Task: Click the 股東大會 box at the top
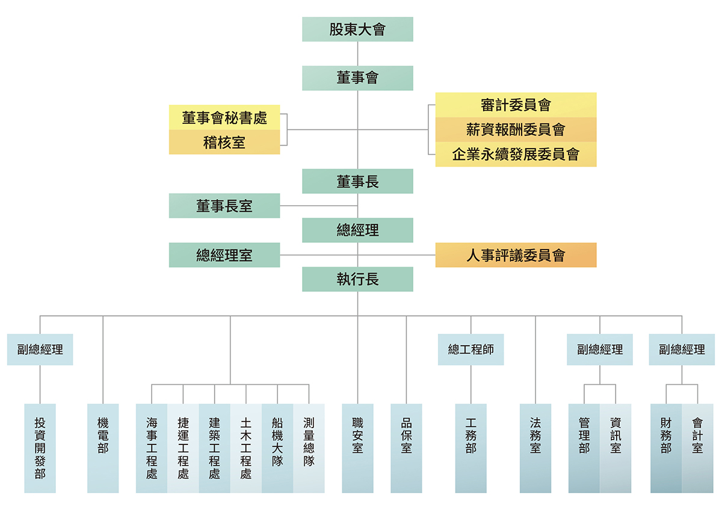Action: (357, 29)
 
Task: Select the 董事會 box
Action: (357, 78)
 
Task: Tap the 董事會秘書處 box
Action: (224, 117)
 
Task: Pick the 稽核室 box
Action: (224, 142)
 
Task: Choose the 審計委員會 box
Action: (516, 105)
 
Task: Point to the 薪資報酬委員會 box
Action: (516, 129)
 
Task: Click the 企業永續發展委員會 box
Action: (516, 154)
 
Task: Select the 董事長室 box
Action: (224, 206)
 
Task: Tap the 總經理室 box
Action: (224, 255)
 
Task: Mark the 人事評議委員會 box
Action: (516, 255)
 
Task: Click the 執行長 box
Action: (357, 279)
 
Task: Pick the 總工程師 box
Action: (471, 349)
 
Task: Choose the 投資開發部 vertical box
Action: (40, 448)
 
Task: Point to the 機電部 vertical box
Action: (103, 448)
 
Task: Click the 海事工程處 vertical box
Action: (152, 448)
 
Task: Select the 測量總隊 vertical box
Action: (309, 448)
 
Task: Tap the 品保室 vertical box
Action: (406, 448)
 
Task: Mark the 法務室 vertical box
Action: (535, 448)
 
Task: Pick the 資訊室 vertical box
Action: (616, 448)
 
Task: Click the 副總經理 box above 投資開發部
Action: (40, 349)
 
